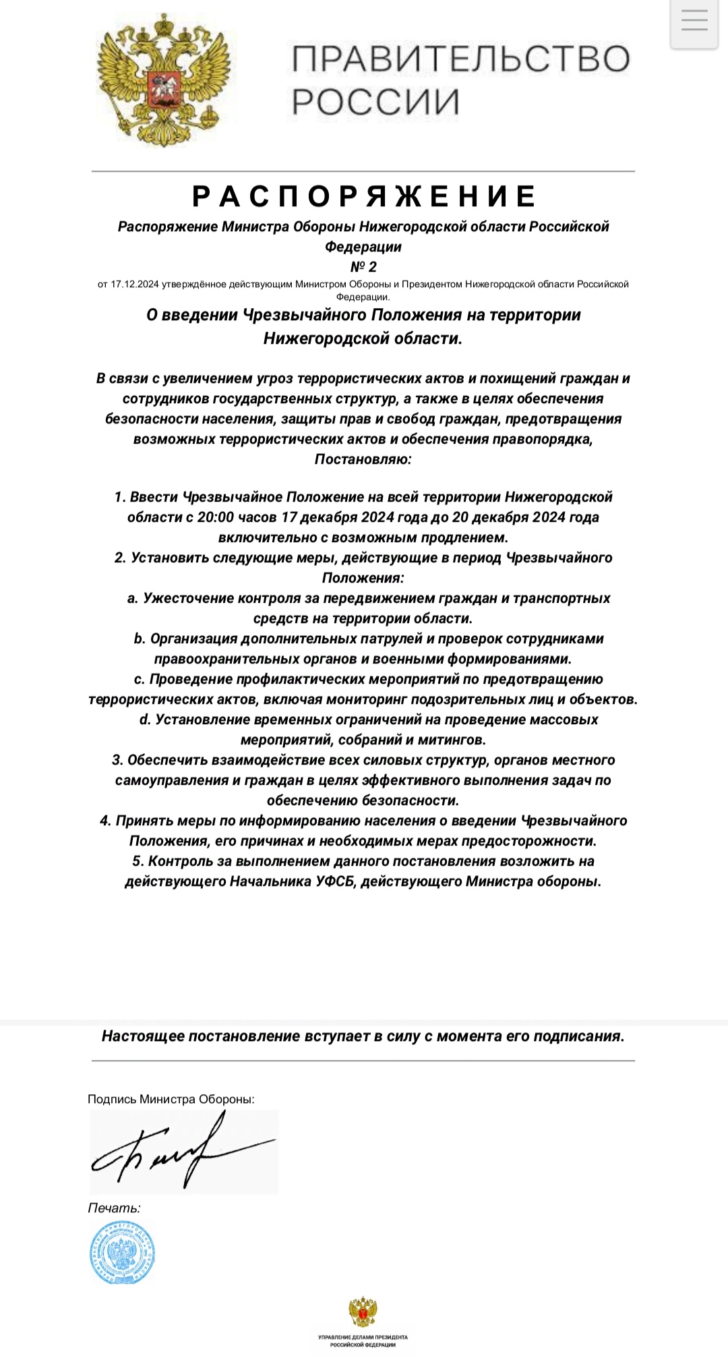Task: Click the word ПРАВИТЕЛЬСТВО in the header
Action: coord(461,59)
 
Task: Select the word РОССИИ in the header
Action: coord(375,102)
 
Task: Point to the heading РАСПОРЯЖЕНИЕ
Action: coord(364,196)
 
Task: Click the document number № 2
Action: coord(363,266)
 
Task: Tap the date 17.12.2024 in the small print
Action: coord(134,285)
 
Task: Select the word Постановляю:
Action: coord(363,459)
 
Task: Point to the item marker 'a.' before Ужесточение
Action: coord(133,598)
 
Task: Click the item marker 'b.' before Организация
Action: coord(140,639)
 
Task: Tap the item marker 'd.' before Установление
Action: coord(145,719)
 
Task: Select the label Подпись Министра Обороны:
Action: coord(171,1099)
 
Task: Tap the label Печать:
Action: coord(114,1208)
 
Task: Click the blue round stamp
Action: coord(123,1252)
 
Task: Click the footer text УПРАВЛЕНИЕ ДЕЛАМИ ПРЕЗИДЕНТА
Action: coord(363,1336)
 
